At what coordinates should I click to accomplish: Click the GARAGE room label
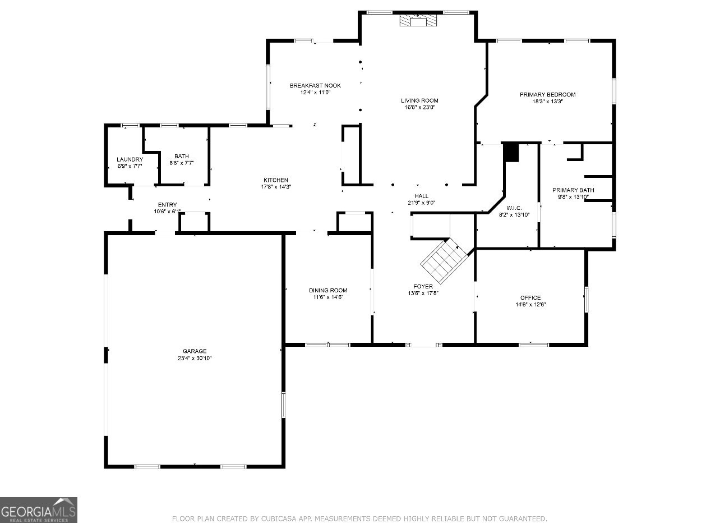195,351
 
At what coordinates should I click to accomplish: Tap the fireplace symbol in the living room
418,20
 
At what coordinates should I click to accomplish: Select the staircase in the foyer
444,260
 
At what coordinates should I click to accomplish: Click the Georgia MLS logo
39,510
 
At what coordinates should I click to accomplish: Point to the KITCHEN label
276,180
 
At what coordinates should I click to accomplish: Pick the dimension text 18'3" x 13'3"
548,102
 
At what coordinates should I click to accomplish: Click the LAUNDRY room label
130,159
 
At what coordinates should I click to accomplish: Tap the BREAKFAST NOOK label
315,85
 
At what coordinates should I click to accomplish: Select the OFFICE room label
530,298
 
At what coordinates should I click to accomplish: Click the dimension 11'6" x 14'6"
328,297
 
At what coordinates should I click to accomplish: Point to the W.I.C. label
514,208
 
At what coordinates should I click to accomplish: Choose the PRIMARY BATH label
573,190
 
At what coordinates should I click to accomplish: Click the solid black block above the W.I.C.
511,152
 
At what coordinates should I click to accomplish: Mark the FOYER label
423,287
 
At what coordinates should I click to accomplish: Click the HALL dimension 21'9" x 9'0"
421,203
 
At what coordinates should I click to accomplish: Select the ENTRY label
168,205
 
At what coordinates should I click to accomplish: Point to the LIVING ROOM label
419,100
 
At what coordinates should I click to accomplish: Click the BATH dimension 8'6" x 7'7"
182,163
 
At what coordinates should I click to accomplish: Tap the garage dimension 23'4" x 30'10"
195,359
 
